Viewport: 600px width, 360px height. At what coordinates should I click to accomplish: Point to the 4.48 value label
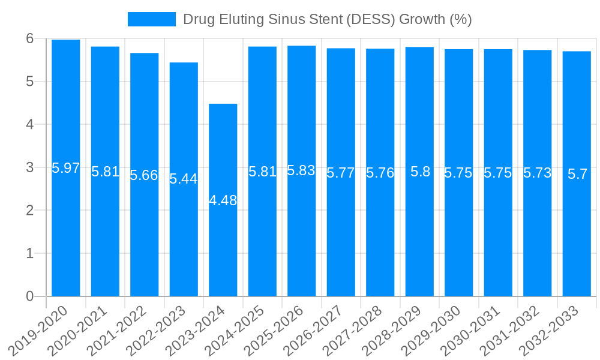(x=223, y=200)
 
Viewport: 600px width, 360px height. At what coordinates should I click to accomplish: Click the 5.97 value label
(x=66, y=168)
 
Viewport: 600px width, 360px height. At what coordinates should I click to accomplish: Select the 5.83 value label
(x=302, y=170)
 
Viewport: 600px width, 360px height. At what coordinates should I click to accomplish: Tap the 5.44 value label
(x=184, y=179)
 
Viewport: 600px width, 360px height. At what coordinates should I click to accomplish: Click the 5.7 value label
(x=577, y=174)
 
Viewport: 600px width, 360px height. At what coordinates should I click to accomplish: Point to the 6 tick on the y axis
(x=29, y=38)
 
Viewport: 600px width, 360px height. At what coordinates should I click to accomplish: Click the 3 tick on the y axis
(x=29, y=167)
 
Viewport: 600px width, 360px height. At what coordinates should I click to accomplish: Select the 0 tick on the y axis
(x=29, y=296)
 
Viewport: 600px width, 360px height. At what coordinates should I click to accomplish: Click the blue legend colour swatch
(x=152, y=19)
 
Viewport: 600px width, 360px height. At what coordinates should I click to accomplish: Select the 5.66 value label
(x=144, y=175)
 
